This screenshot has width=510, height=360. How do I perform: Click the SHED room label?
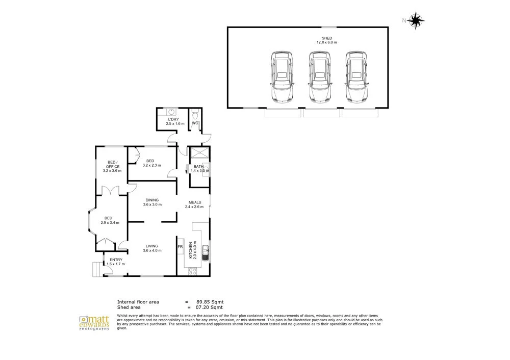click(327, 38)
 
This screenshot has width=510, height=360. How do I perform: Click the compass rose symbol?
click(418, 20)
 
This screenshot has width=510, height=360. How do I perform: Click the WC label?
click(195, 123)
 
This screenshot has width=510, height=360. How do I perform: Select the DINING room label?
click(152, 200)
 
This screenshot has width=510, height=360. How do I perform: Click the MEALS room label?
click(194, 202)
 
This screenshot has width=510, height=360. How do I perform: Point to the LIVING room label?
click(152, 246)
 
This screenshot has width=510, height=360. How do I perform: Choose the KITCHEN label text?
click(191, 250)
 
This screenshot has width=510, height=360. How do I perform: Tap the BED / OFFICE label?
click(112, 164)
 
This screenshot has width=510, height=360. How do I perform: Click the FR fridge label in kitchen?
click(180, 247)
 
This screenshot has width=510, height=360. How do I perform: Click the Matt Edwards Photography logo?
click(94, 323)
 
